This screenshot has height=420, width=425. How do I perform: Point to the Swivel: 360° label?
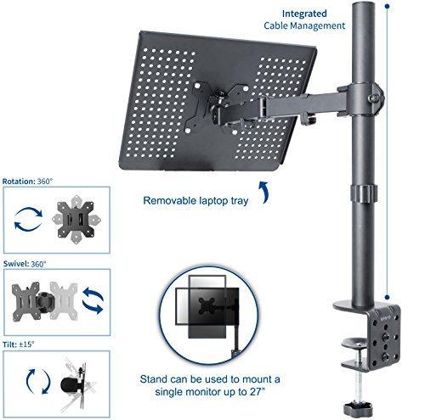[25, 263]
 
